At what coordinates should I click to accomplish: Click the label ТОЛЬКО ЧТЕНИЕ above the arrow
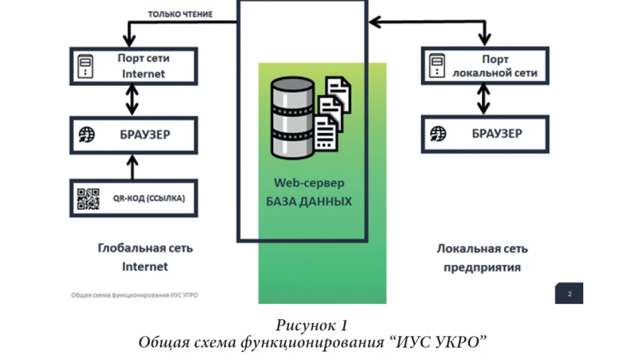(x=180, y=14)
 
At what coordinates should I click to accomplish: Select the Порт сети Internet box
(x=133, y=66)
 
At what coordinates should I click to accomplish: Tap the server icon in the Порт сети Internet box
(x=85, y=66)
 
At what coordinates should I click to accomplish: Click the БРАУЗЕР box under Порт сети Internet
(x=133, y=134)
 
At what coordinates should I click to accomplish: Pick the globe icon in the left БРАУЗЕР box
(x=86, y=134)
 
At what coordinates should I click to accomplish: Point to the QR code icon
(x=88, y=198)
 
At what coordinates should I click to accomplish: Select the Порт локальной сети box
(x=485, y=66)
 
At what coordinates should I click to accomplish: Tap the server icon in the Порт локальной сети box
(x=437, y=66)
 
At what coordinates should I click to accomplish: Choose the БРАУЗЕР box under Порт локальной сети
(x=485, y=133)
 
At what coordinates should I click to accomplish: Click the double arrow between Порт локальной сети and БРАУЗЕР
(x=485, y=100)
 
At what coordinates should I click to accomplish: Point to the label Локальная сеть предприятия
(x=483, y=257)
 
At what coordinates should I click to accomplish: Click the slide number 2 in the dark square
(x=569, y=293)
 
